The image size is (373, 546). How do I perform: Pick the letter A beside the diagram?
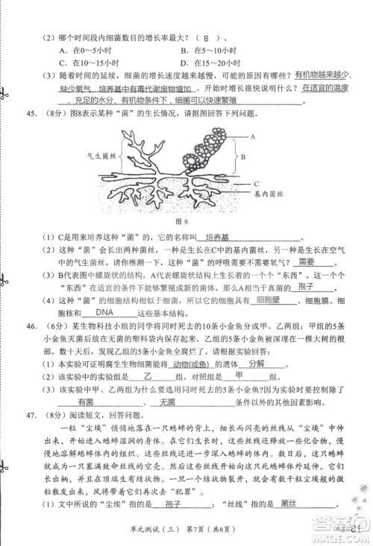254,137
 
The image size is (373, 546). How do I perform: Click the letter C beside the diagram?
255,182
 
